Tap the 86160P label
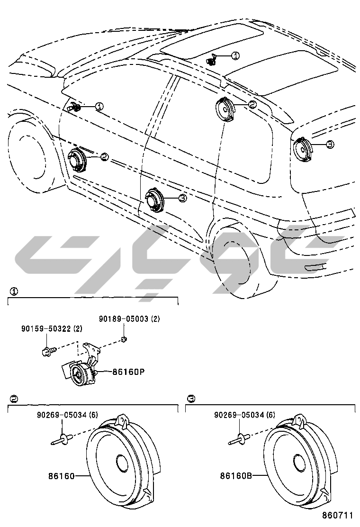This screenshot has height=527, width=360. pyautogui.click(x=128, y=372)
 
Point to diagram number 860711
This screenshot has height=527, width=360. pyautogui.click(x=338, y=515)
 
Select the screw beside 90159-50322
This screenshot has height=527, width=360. pyautogui.click(x=47, y=351)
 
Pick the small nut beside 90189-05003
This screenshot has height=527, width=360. pyautogui.click(x=123, y=339)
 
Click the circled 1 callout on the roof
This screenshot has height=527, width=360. pyautogui.click(x=235, y=56)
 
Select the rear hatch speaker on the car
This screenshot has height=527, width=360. pyautogui.click(x=301, y=148)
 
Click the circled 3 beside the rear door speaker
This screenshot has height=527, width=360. pyautogui.click(x=182, y=198)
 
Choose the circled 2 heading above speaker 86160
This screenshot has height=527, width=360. pyautogui.click(x=14, y=399)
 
